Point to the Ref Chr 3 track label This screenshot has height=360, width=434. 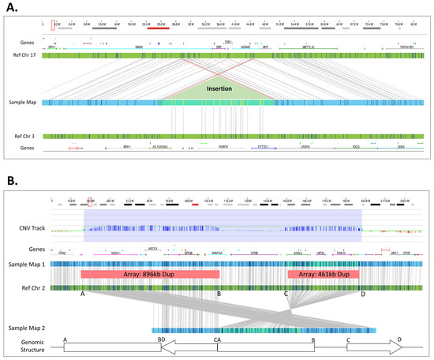click(x=25, y=136)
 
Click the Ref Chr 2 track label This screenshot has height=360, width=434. click(x=28, y=287)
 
